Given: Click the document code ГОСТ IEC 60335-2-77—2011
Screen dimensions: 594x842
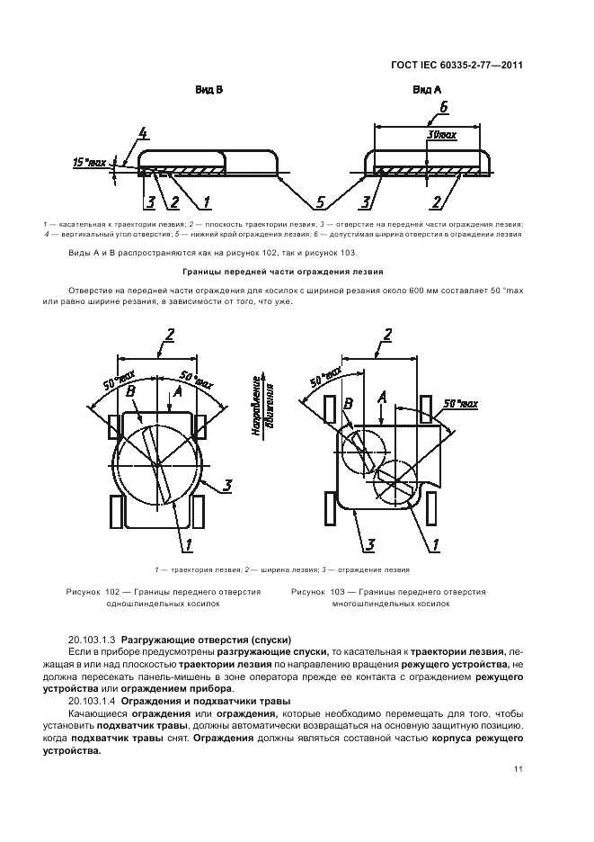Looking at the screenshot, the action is [457, 65].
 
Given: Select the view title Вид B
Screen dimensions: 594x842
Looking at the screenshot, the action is [208, 90].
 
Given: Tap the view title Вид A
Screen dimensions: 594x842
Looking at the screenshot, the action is [427, 90].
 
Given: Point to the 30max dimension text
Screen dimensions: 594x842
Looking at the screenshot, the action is [441, 134].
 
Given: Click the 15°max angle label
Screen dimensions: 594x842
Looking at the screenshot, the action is [89, 161].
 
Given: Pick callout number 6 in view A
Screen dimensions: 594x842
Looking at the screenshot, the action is [443, 108].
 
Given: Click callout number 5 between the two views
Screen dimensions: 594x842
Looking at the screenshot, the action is [320, 202].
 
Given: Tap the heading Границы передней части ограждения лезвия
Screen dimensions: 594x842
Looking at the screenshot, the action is [283, 272].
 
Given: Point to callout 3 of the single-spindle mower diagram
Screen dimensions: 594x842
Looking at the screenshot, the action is [227, 486].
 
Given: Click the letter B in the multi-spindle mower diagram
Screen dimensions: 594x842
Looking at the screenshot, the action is [348, 403].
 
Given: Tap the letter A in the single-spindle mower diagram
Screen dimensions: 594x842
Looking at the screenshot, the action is [178, 392].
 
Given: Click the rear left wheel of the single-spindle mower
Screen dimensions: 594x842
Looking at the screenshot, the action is [117, 512].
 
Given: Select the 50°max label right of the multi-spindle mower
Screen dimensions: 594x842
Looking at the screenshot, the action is [462, 404].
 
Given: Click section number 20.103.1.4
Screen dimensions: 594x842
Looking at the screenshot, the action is [92, 702].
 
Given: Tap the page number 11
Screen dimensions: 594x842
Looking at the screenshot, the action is [518, 769].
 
